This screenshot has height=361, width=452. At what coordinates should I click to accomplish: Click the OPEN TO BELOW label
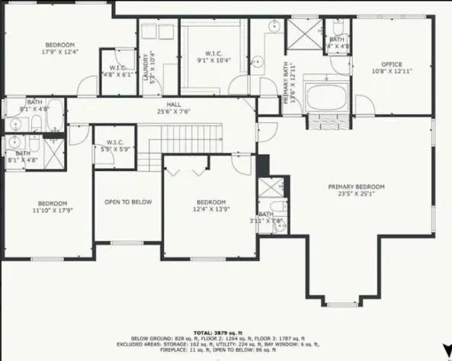coord(128,202)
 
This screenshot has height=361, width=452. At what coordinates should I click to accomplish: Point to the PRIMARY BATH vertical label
coord(288,85)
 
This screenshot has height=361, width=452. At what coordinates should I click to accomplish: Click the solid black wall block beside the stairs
coord(263,166)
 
